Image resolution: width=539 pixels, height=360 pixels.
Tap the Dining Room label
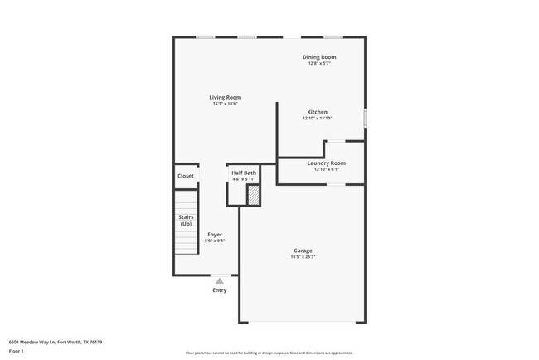tap(319, 57)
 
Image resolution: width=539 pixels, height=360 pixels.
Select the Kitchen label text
tap(317, 112)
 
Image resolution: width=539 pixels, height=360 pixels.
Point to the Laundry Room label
tap(326, 163)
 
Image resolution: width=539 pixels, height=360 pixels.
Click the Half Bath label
tap(244, 173)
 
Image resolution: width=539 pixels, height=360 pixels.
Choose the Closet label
tap(186, 176)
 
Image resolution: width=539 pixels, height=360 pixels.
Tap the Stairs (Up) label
tap(186, 220)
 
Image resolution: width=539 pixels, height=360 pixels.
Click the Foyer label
tap(215, 235)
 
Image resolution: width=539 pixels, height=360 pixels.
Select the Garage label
tap(303, 251)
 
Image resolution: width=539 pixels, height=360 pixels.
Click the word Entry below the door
tap(220, 290)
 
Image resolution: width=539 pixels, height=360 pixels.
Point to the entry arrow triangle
tap(220, 281)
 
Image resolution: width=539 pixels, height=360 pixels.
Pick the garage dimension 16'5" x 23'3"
tap(303, 257)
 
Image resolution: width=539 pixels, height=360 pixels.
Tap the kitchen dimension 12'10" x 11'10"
tap(317, 119)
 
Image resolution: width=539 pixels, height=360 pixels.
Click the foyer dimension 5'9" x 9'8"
tap(215, 241)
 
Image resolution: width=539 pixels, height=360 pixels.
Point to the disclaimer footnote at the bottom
tap(269, 352)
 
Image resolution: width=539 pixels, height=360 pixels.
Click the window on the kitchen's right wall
tap(365, 119)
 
